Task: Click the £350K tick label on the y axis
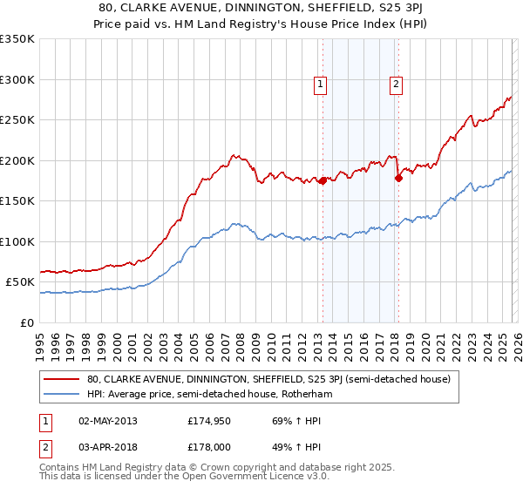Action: (17, 39)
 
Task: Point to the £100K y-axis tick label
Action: (17, 241)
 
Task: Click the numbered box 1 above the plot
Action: (321, 85)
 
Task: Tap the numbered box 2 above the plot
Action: (396, 85)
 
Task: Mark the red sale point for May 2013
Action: (322, 181)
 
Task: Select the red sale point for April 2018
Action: (398, 179)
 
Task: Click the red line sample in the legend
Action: (62, 379)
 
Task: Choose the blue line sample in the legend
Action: (62, 394)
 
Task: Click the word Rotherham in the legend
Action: (309, 394)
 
